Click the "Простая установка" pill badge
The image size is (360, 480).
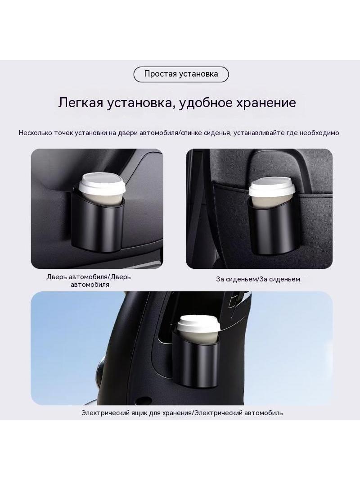pyautogui.click(x=181, y=74)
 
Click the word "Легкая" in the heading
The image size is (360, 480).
pyautogui.click(x=80, y=103)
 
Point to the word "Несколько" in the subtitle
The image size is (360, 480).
pyautogui.click(x=35, y=133)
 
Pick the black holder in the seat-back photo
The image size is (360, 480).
pyautogui.click(x=272, y=228)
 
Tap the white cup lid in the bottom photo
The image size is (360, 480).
pyautogui.click(x=199, y=324)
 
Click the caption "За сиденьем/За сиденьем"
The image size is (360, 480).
pyautogui.click(x=258, y=279)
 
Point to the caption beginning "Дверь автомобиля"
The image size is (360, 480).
pyautogui.click(x=89, y=281)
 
